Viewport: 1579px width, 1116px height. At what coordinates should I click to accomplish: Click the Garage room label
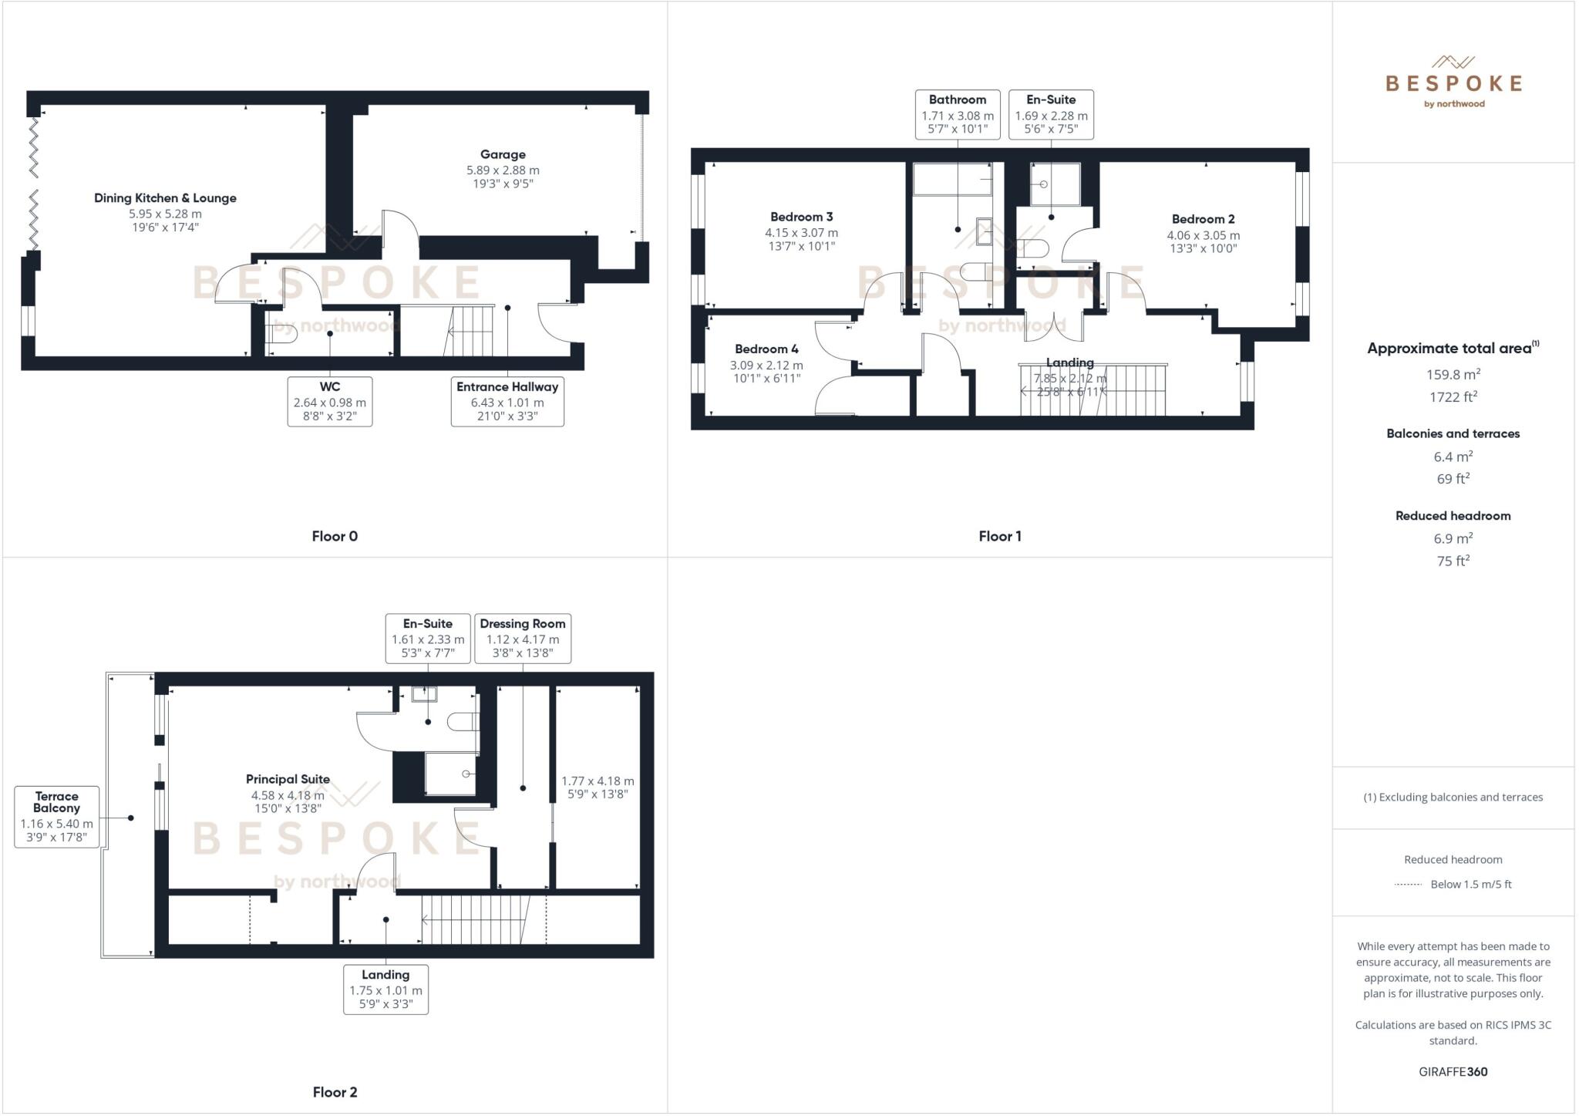503,154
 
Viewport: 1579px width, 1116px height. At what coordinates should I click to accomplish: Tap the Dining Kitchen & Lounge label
165,198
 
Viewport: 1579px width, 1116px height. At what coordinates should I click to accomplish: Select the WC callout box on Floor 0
330,401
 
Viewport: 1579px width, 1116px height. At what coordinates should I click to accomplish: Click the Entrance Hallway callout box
507,401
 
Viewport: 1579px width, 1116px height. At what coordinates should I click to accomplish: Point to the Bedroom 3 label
801,217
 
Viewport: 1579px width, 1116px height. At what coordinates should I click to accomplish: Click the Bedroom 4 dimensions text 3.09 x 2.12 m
766,366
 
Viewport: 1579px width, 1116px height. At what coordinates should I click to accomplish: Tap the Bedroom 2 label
1203,219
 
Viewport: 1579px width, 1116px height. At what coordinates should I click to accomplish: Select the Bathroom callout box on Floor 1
958,114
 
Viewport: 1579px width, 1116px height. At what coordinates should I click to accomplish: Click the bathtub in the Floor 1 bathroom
952,180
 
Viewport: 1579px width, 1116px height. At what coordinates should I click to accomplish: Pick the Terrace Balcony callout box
56,816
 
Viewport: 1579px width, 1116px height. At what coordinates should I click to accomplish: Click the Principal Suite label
288,779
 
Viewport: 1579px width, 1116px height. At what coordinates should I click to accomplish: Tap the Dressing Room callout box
523,638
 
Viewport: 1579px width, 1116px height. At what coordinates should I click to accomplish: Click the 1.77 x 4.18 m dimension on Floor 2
598,781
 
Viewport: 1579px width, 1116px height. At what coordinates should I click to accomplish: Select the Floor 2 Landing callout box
385,989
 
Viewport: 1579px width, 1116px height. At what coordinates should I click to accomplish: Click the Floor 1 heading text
1000,536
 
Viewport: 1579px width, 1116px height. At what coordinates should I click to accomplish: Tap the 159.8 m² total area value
1453,375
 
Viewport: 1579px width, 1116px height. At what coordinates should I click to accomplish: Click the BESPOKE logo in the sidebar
1453,83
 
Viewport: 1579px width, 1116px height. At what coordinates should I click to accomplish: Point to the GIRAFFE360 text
1453,1071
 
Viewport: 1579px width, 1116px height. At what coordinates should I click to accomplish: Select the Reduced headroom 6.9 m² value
1453,538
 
